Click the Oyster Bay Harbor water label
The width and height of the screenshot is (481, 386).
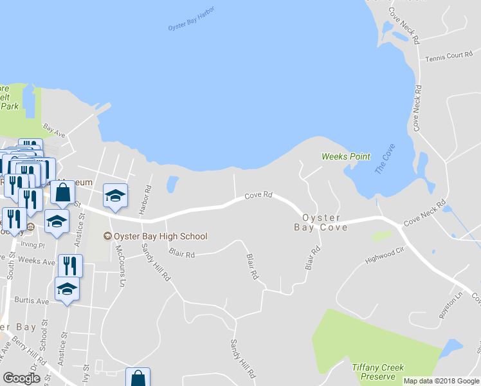click(191, 19)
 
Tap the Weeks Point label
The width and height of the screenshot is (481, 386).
click(345, 156)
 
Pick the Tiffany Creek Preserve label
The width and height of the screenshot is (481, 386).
click(378, 372)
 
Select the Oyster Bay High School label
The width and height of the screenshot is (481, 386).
click(156, 236)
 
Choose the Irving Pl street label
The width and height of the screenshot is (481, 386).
click(33, 245)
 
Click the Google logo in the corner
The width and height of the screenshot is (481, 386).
click(21, 378)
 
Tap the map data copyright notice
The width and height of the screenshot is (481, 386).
click(440, 381)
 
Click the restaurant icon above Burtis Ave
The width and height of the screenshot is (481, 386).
click(70, 266)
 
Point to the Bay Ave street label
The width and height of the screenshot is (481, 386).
click(54, 131)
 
